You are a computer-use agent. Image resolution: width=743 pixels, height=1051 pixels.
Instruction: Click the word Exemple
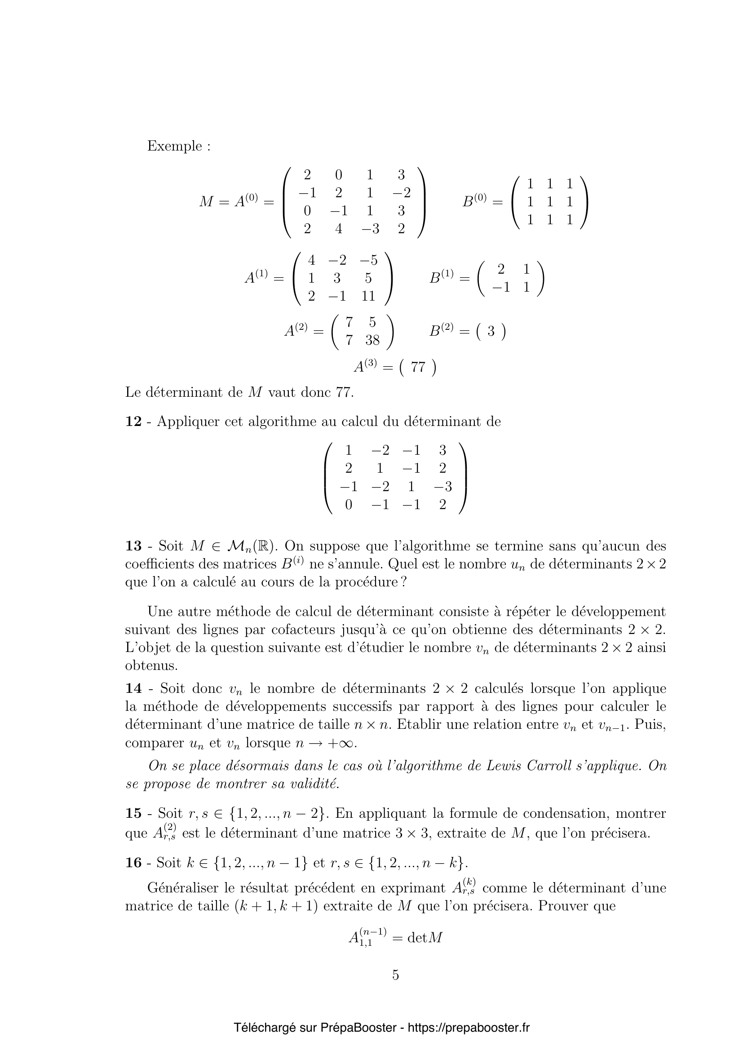pos(174,146)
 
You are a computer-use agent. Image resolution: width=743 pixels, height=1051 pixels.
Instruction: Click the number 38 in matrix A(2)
pos(372,340)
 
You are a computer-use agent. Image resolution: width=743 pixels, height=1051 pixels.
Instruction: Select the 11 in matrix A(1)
pos(368,296)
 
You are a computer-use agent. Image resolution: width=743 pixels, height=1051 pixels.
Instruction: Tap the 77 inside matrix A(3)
pos(418,367)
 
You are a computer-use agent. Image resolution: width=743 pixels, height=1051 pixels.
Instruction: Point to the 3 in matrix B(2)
pos(491,331)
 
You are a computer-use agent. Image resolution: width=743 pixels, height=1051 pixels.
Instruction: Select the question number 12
pos(133,421)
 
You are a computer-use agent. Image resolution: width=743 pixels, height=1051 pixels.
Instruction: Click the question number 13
pos(133,546)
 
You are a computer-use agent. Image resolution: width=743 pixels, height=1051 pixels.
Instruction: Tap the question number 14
pos(133,688)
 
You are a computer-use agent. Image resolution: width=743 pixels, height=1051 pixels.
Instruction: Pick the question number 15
pos(133,813)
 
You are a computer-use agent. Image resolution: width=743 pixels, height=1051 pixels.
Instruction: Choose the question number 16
pos(133,863)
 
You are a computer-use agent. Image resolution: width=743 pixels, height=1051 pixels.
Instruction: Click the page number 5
pos(395,975)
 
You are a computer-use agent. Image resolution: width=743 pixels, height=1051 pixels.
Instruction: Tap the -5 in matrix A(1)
pos(368,261)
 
